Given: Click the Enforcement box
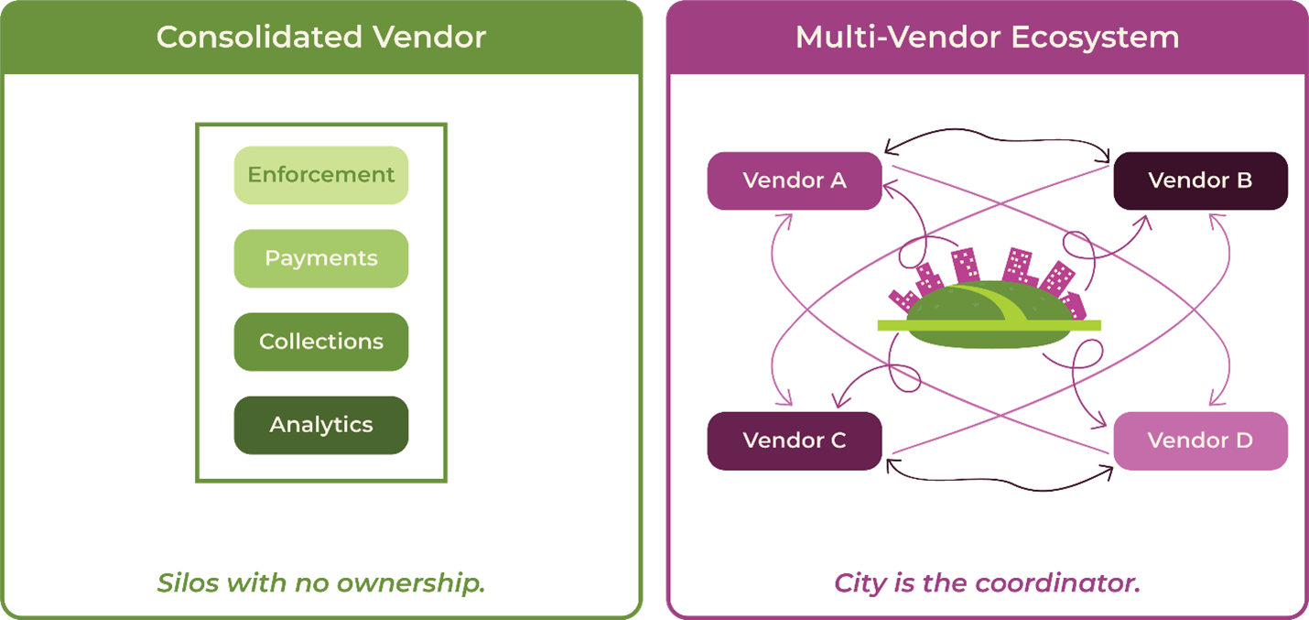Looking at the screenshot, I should (x=320, y=175).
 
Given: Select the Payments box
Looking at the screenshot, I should (x=320, y=258).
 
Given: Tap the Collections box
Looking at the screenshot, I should (x=320, y=342).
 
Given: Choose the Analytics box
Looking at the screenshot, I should (x=320, y=425).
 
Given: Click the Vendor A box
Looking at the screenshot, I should (x=794, y=180).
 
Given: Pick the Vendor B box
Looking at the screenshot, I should (x=1199, y=180).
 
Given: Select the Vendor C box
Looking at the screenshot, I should (x=794, y=441).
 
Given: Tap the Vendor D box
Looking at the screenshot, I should (x=1199, y=441).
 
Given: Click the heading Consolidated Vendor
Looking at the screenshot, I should (x=320, y=38).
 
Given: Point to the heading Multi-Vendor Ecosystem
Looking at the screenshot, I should (x=987, y=38).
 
